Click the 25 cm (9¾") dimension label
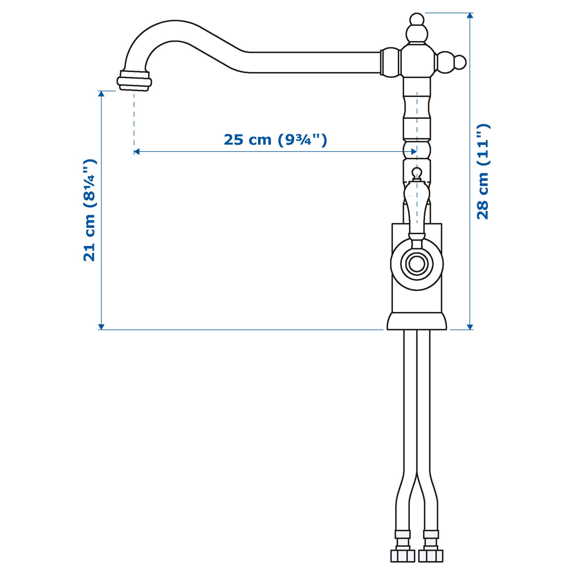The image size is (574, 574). coord(275,140)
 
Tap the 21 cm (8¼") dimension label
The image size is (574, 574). coord(89,210)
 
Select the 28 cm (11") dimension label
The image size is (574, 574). coord(483,172)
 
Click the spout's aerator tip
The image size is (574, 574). coord(134,81)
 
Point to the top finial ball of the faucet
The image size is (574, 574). coord(417,19)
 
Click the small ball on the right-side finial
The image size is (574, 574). coord(460,62)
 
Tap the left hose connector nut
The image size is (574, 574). coord(402,556)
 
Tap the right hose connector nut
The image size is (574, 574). coord(431,556)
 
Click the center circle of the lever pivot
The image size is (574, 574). coord(417,264)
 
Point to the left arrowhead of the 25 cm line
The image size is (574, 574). coord(137,152)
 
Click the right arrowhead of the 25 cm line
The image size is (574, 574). coord(414,152)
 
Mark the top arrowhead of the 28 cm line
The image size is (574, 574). coord(470,15)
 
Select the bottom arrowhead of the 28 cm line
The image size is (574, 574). coord(470,327)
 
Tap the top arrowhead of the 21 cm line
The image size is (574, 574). coord(101,94)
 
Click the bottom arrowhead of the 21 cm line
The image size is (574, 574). coord(101,327)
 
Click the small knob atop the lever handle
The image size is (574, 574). coord(417,172)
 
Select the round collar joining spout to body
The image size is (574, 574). coord(391,62)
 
